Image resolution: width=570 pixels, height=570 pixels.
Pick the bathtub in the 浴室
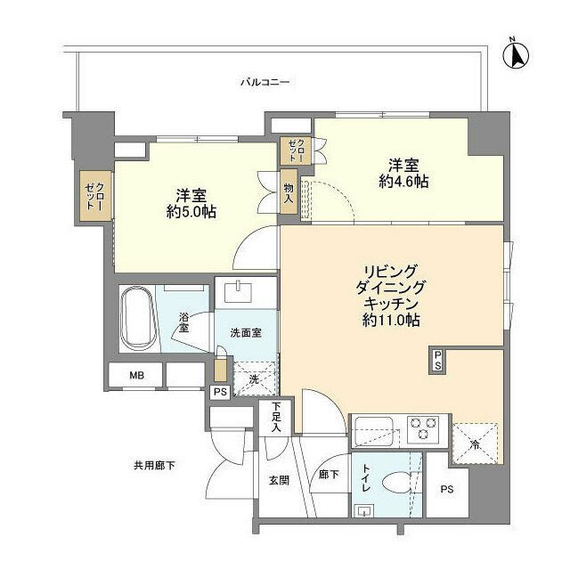coord(137,319)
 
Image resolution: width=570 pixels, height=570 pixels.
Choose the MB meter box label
coord(135,376)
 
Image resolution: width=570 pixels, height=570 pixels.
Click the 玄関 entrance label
coord(279,480)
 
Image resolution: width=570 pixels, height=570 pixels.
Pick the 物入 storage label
coord(289,191)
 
